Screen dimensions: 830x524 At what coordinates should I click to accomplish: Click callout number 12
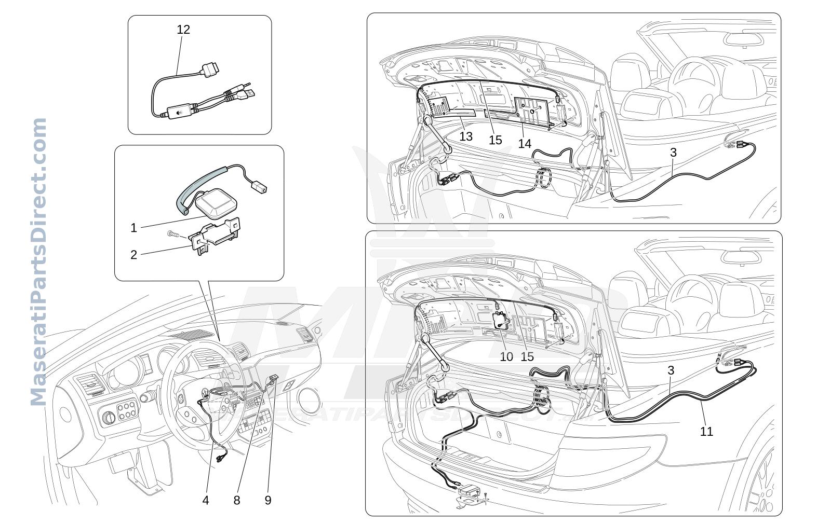coord(183,30)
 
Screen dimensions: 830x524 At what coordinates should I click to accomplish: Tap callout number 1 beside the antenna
coord(134,228)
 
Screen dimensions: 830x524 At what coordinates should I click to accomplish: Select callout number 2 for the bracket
coord(134,255)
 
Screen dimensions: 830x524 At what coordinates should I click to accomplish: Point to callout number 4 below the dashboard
coord(206,500)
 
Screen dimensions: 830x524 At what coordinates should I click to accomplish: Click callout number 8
coord(237,500)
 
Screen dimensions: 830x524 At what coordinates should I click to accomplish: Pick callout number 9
coord(268,500)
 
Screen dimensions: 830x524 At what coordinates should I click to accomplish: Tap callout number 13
coord(466,136)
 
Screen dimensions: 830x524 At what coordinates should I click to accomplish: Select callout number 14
coord(525,144)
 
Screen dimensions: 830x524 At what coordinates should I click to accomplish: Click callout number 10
coord(506,357)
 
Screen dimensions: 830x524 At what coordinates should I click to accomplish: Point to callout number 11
coord(706,431)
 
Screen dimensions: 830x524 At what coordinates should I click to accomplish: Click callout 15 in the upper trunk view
coord(496,140)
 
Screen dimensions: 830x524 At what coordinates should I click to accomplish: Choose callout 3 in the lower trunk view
coord(671,370)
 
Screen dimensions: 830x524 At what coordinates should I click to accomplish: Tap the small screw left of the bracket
coord(172,234)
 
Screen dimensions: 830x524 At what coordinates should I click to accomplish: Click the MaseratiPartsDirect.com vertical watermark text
coord(38,262)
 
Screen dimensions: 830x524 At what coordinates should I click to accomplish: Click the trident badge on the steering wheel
coord(205,393)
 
